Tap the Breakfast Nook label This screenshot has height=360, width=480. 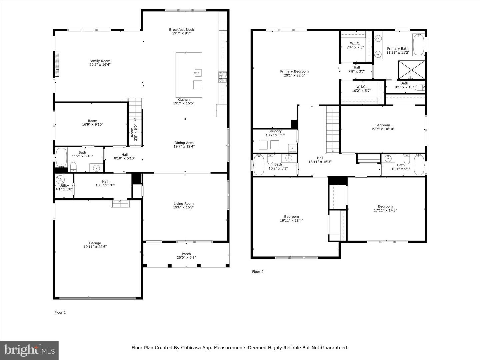181,30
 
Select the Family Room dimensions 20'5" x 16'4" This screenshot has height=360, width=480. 100,65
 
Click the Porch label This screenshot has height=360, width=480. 186,254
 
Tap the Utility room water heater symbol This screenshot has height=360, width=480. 60,179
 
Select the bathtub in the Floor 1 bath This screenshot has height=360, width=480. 61,158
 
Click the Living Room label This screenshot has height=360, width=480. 183,204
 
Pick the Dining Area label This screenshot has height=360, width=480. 184,143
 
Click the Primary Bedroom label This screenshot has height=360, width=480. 294,71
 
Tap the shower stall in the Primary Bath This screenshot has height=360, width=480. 412,70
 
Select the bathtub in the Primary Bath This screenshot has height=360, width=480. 418,45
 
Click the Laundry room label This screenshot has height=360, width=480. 275,131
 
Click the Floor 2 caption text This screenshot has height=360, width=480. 258,272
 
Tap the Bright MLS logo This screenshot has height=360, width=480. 29,350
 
